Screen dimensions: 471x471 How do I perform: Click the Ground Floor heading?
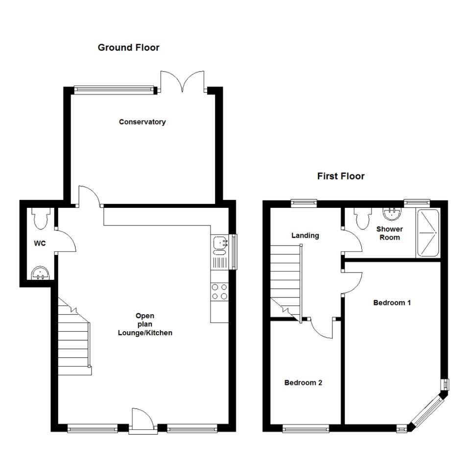coord(128,48)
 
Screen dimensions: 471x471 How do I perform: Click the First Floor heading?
coord(341,176)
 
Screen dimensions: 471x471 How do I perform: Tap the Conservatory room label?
coord(142,122)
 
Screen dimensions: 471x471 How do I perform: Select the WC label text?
coord(40,243)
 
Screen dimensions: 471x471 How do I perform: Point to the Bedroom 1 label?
coord(392,302)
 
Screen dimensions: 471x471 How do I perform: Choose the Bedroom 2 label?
coord(303,383)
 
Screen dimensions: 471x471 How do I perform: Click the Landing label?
coord(305,235)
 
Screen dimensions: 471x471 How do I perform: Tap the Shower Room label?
coord(390,233)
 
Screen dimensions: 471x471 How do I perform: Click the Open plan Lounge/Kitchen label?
coord(145,324)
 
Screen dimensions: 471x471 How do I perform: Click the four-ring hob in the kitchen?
coord(219,292)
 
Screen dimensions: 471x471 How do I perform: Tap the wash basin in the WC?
coord(40,273)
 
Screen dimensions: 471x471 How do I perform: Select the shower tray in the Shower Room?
coord(428,233)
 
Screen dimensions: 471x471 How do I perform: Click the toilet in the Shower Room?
coord(363,219)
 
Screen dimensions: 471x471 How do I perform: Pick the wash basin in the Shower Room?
coord(392,214)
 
